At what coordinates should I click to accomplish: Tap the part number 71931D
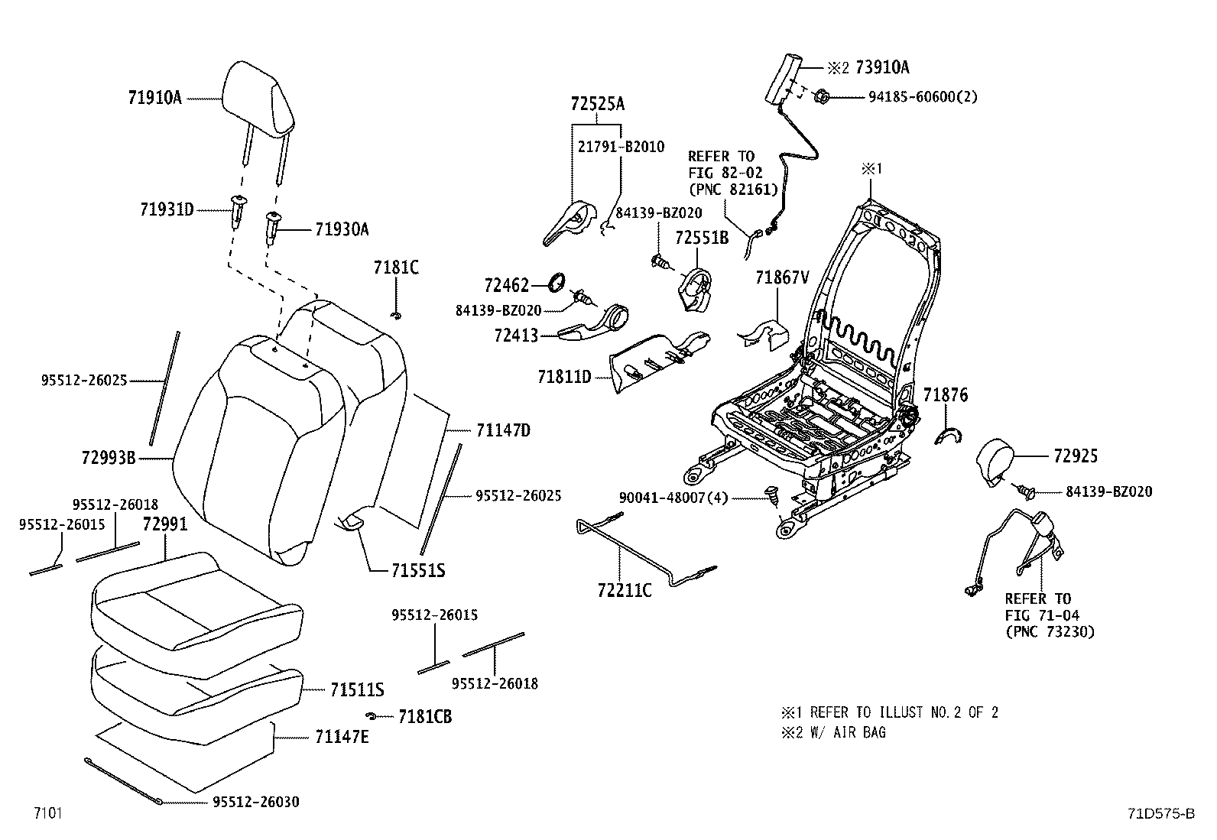167,209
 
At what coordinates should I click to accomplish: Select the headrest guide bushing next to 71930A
272,226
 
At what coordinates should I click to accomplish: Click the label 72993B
108,458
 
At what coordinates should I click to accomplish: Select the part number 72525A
597,104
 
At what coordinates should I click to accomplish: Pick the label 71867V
781,278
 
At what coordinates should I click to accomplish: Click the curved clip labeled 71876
949,436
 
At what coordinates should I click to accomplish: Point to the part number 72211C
625,589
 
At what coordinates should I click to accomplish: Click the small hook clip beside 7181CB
372,715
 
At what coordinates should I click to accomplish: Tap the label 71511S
357,690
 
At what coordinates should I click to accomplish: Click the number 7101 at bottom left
47,812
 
